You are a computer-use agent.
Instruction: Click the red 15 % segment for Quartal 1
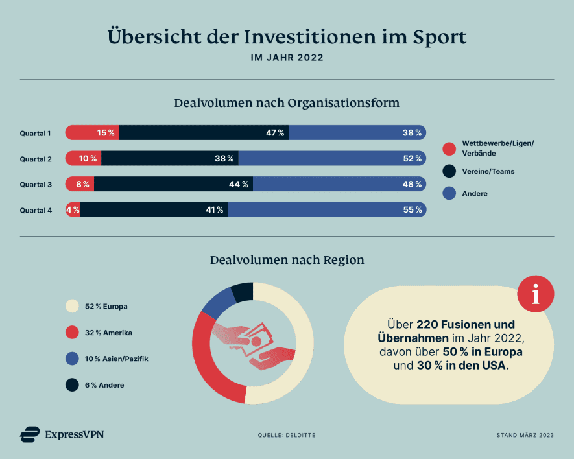92,133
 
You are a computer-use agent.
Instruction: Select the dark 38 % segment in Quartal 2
170,159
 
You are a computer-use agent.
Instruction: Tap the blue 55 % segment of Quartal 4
326,210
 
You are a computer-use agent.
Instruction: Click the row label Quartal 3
35,185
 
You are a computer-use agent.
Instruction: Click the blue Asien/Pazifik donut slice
218,301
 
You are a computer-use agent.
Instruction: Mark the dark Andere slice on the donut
243,292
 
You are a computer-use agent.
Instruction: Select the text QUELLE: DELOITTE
287,435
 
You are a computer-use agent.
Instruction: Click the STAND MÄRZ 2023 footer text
525,435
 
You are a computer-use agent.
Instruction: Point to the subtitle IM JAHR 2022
287,58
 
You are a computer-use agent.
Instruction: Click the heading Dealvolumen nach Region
287,260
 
